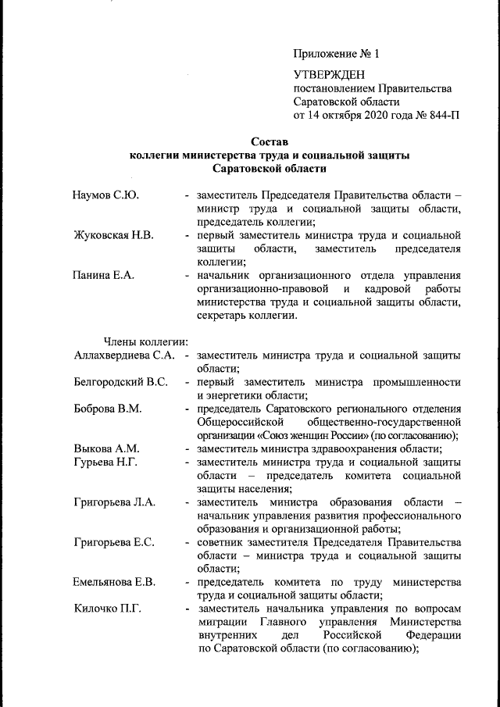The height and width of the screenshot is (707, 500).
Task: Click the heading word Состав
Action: coord(270,142)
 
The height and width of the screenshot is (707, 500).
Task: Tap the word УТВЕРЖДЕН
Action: coord(330,74)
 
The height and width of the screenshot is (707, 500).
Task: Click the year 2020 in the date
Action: coord(374,115)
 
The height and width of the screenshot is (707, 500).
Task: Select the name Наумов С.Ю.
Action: coord(106,195)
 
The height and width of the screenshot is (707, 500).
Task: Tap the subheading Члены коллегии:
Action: coord(145,341)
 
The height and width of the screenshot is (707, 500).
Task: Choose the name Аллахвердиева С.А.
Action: coord(123,355)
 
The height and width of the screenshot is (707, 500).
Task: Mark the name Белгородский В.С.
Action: coord(120,382)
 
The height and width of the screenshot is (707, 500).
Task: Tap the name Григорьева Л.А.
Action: coord(114,502)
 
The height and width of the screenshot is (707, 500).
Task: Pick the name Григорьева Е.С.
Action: coord(114,541)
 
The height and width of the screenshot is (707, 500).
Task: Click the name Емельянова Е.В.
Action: coord(115,582)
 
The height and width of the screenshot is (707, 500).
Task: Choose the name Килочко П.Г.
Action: coord(107,609)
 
